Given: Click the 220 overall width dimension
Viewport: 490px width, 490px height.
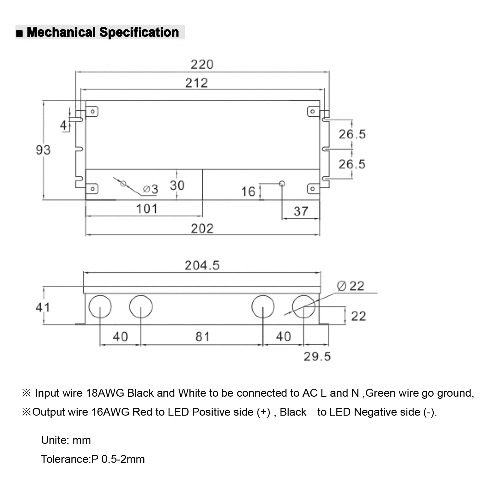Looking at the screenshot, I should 202,65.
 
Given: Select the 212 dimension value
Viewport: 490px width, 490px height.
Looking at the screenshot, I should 196,83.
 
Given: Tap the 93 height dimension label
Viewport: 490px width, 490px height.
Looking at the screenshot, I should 43,150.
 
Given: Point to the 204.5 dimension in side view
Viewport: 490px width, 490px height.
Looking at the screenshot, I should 202,265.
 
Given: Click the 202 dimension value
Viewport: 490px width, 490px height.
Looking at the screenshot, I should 202,229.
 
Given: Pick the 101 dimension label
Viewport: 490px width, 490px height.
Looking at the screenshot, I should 147,209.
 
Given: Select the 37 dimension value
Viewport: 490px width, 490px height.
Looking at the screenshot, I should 301,211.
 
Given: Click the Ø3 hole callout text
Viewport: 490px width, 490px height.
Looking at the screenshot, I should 151,189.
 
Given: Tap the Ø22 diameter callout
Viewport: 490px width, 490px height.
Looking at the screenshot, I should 351,286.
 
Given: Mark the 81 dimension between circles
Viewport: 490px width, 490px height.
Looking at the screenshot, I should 202,337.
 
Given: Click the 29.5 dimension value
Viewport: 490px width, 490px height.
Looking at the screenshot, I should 317,356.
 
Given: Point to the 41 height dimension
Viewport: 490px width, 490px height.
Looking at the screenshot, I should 42,307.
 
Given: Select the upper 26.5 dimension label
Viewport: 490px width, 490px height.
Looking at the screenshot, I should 352,134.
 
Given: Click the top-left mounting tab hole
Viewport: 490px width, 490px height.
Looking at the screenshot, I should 93,111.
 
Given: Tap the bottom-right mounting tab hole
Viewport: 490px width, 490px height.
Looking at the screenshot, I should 312,189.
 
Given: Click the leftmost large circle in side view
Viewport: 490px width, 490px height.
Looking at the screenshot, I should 100,306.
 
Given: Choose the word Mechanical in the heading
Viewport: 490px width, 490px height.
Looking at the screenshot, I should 61,33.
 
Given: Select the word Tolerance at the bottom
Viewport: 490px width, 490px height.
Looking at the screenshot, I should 65,459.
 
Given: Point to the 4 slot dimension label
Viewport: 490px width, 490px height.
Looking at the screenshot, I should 63,125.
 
